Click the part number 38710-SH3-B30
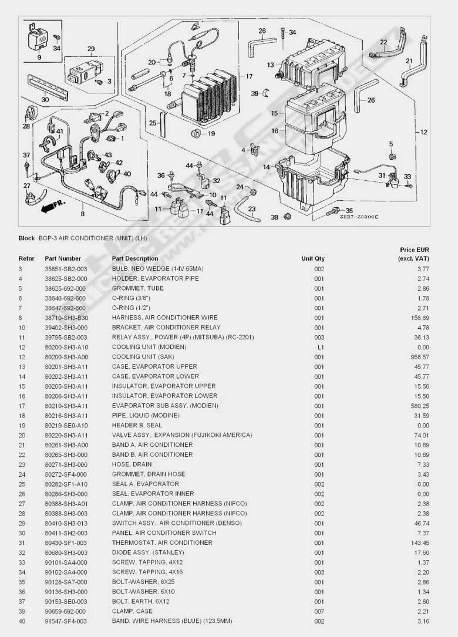point(65,318)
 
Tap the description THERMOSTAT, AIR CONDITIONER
point(162,542)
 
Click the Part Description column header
point(135,258)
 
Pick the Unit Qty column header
point(312,258)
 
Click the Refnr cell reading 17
point(21,406)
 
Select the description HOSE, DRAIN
point(132,464)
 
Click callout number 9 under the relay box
point(39,58)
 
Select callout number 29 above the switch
point(91,49)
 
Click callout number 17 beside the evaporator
point(249,76)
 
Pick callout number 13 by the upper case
point(270,65)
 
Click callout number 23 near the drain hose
point(251,208)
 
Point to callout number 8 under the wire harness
point(82,215)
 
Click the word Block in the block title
point(26,238)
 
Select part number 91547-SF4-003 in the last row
point(65,621)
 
